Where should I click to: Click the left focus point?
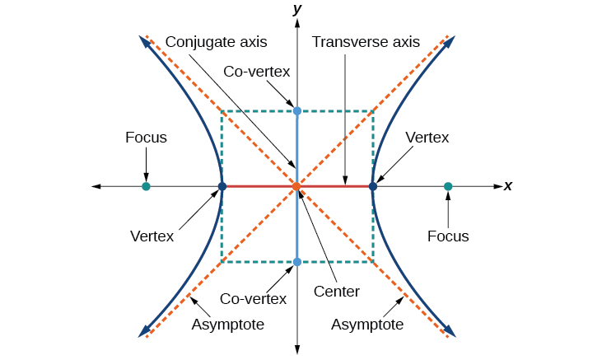pyautogui.click(x=146, y=187)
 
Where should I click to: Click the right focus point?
pyautogui.click(x=448, y=187)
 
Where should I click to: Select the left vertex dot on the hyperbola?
pyautogui.click(x=222, y=187)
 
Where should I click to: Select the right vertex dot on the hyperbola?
pyautogui.click(x=373, y=187)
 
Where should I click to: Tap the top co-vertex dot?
pyautogui.click(x=297, y=110)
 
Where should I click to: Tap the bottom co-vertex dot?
pyautogui.click(x=297, y=262)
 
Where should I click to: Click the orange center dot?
pyautogui.click(x=297, y=187)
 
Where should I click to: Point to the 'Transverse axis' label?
pyautogui.click(x=366, y=41)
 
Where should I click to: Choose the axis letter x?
pyautogui.click(x=508, y=187)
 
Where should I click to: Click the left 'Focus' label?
pyautogui.click(x=146, y=138)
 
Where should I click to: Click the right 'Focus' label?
pyautogui.click(x=448, y=236)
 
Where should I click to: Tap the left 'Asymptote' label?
pyautogui.click(x=227, y=325)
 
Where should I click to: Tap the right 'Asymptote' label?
pyautogui.click(x=367, y=325)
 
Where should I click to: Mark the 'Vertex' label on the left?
pyautogui.click(x=152, y=236)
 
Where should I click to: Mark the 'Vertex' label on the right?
pyautogui.click(x=427, y=138)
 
